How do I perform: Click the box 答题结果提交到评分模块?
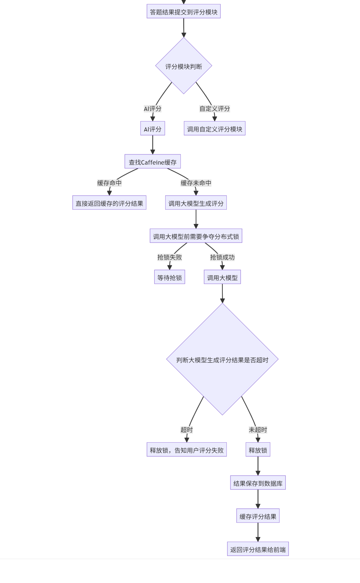pyautogui.click(x=184, y=11)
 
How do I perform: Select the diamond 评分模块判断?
pyautogui.click(x=184, y=66)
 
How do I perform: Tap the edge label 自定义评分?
pyautogui.click(x=214, y=109)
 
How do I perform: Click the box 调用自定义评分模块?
pyautogui.click(x=214, y=129)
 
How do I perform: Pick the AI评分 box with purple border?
pyautogui.click(x=153, y=129)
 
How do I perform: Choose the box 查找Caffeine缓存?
pyautogui.click(x=153, y=162)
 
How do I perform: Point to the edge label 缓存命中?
pyautogui.click(x=109, y=183)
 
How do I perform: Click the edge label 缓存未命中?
pyautogui.click(x=196, y=183)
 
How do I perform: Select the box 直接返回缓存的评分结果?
pyautogui.click(x=109, y=203)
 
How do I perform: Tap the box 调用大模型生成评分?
pyautogui.click(x=196, y=203)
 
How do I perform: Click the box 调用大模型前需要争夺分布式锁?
pyautogui.click(x=196, y=236)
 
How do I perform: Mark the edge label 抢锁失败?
pyautogui.click(x=170, y=257)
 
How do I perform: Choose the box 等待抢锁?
pyautogui.click(x=170, y=277)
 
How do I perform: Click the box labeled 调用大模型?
pyautogui.click(x=222, y=277)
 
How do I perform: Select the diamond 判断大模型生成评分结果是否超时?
pyautogui.click(x=222, y=359)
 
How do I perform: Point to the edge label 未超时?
pyautogui.click(x=258, y=430)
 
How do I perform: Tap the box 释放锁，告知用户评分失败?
pyautogui.click(x=186, y=450)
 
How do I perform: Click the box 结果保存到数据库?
pyautogui.click(x=258, y=483)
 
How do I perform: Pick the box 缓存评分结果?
pyautogui.click(x=258, y=516)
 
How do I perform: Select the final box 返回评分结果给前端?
pyautogui.click(x=258, y=549)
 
